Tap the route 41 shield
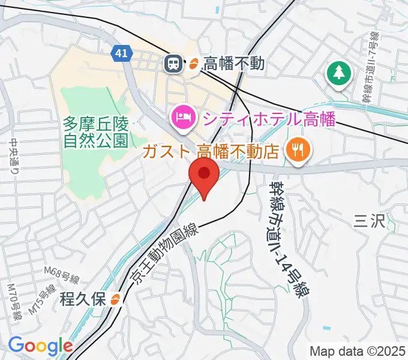(x=122, y=53)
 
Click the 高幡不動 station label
(x=234, y=63)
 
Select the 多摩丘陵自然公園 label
(x=96, y=133)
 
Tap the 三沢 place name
(x=368, y=221)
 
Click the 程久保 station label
(x=83, y=298)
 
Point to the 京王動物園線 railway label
(x=164, y=252)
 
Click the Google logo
(x=40, y=346)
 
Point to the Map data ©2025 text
(x=358, y=350)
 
